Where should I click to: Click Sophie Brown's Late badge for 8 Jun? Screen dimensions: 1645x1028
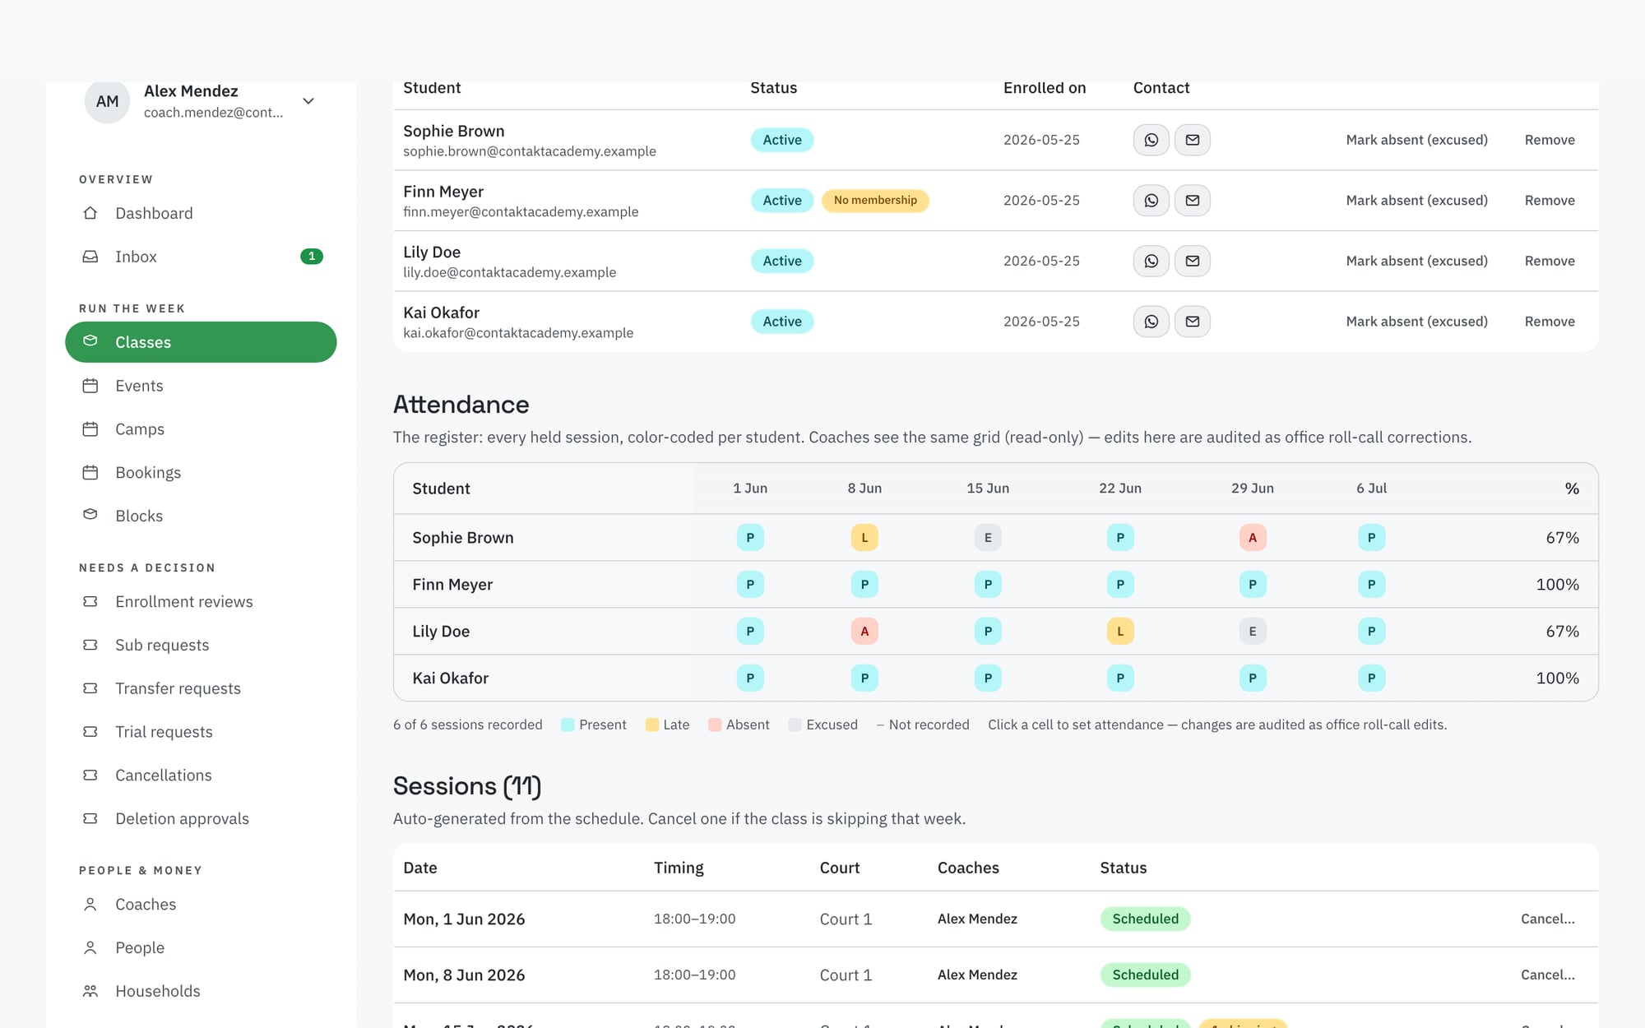tap(864, 538)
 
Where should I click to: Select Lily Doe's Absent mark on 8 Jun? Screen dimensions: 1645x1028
tap(864, 632)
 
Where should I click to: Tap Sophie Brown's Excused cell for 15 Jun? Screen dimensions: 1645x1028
tap(988, 538)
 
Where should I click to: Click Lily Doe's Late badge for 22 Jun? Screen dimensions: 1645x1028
tap(1120, 632)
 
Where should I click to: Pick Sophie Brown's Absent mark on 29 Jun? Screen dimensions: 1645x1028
tap(1253, 538)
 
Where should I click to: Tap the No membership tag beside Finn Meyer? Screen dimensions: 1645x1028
tap(875, 201)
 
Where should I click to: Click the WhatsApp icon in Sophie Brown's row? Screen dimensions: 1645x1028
tap(1151, 140)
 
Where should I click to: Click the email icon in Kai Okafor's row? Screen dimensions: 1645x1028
tap(1193, 322)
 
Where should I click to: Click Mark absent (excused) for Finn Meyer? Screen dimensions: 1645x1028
tap(1416, 201)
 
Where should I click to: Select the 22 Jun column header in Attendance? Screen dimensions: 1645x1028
tap(1120, 489)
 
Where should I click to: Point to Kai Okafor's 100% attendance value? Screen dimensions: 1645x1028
tap(1557, 678)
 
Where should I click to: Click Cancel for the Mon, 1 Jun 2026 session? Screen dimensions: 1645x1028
tap(1547, 919)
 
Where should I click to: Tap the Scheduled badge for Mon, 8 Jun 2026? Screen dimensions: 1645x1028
tap(1145, 975)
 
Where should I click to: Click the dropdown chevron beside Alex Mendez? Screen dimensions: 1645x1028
tap(308, 101)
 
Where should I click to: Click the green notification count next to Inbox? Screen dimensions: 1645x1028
tap(312, 257)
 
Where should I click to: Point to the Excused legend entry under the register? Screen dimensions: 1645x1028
tap(822, 725)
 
